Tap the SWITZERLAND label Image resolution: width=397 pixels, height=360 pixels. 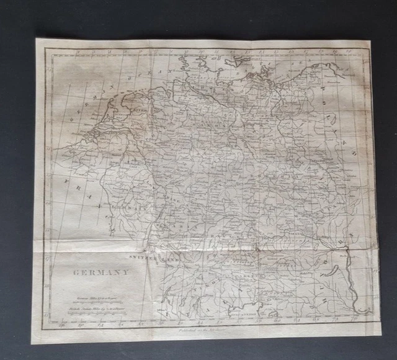(153, 256)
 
